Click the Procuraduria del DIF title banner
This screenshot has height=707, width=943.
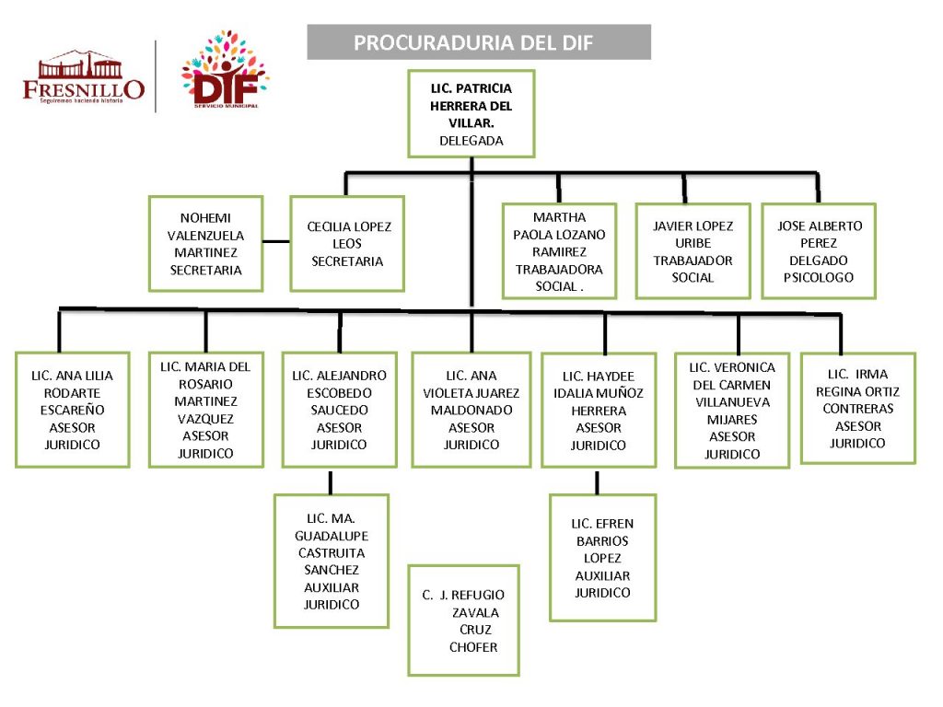click(x=478, y=42)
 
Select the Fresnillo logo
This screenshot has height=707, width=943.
click(x=84, y=77)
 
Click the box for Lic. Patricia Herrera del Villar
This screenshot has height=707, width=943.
click(x=471, y=114)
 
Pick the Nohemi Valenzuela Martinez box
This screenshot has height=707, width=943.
click(x=205, y=244)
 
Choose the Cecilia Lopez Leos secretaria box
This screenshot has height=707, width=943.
click(x=347, y=244)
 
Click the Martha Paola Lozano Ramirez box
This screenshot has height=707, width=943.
click(x=559, y=251)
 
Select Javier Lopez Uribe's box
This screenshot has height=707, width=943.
click(x=693, y=251)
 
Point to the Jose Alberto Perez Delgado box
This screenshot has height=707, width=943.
click(x=819, y=251)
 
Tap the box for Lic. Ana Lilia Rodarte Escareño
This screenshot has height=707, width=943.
click(x=72, y=410)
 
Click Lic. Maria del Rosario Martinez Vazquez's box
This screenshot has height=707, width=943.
click(x=205, y=410)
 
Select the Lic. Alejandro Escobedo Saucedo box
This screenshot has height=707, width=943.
click(x=339, y=410)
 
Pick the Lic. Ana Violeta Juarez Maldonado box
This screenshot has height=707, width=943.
click(x=471, y=410)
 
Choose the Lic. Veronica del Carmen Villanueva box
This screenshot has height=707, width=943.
click(x=732, y=411)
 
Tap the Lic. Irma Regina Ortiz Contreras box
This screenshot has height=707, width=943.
click(x=857, y=408)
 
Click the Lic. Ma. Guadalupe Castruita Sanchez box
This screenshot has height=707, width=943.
click(x=332, y=561)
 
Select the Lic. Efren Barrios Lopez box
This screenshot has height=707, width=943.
click(x=603, y=557)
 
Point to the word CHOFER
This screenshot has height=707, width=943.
click(x=473, y=647)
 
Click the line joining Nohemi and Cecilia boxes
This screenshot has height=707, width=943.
click(x=276, y=241)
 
